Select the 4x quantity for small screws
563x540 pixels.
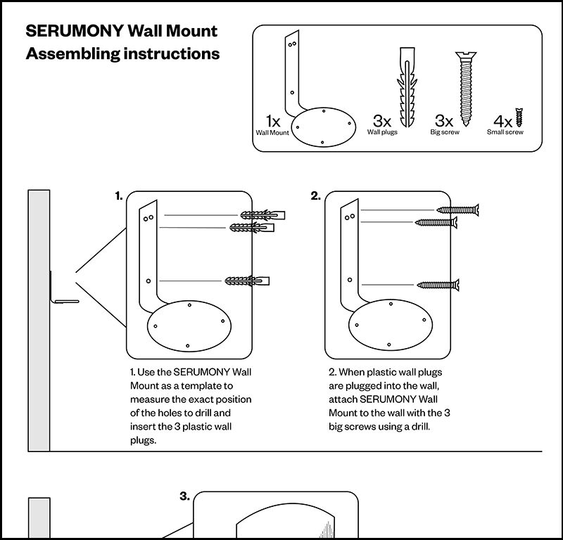503,120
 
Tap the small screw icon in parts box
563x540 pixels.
519,117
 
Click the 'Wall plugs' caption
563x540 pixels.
382,132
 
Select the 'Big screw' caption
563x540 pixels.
444,132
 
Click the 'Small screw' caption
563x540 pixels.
505,132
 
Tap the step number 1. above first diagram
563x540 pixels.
119,196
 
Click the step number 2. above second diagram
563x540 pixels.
316,196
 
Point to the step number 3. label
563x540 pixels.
184,496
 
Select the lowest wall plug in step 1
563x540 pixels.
247,281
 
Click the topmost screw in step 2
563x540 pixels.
457,209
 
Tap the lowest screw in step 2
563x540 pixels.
438,285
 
